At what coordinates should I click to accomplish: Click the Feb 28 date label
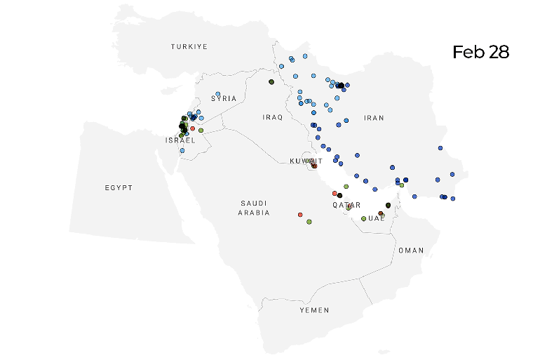[480, 53]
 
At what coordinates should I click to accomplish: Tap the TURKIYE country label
[189, 46]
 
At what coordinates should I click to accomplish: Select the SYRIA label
[224, 98]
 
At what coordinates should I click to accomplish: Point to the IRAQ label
[273, 117]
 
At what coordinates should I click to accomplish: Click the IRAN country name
[374, 118]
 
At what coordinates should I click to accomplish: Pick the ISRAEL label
[180, 140]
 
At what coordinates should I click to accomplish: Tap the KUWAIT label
[306, 161]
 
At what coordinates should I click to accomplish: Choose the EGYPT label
[119, 188]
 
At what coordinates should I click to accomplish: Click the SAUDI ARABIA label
[253, 207]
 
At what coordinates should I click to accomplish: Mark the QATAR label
[346, 206]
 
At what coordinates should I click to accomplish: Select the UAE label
[377, 218]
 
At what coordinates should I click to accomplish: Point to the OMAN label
[411, 251]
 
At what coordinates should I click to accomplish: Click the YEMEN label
[314, 309]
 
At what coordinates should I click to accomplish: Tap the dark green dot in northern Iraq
[271, 82]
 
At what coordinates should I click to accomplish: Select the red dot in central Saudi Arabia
[300, 214]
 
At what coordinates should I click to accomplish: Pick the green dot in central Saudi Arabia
[309, 222]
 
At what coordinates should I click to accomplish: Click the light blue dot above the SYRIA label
[218, 94]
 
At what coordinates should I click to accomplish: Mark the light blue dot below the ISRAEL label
[182, 150]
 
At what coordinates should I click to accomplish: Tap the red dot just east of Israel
[192, 128]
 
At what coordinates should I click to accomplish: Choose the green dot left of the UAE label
[363, 218]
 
